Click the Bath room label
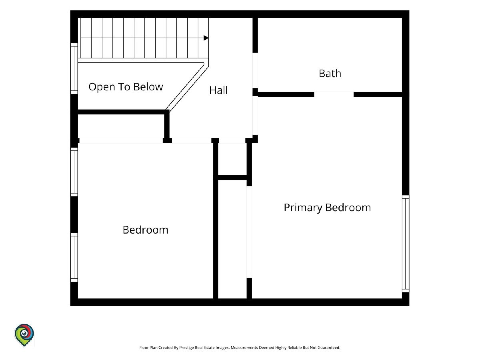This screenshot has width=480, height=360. pos(330,74)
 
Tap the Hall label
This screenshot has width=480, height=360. pos(218,90)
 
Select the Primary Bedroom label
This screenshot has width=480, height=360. pos(327,208)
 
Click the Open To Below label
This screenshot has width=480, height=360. pos(126,87)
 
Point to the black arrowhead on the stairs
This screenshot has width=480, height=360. pos(206,38)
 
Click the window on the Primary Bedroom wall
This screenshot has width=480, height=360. pos(406,244)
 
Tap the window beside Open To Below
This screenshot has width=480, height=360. pos(74,69)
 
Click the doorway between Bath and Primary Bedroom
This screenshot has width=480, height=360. pos(334,94)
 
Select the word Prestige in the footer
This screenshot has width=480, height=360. pos(186,348)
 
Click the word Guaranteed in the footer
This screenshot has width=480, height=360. pos(329,348)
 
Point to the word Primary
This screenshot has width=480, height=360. pos(303,208)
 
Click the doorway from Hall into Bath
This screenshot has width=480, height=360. pos(255,70)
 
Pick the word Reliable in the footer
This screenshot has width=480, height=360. pos(294,348)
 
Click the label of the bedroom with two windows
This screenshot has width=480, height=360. pos(146,230)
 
